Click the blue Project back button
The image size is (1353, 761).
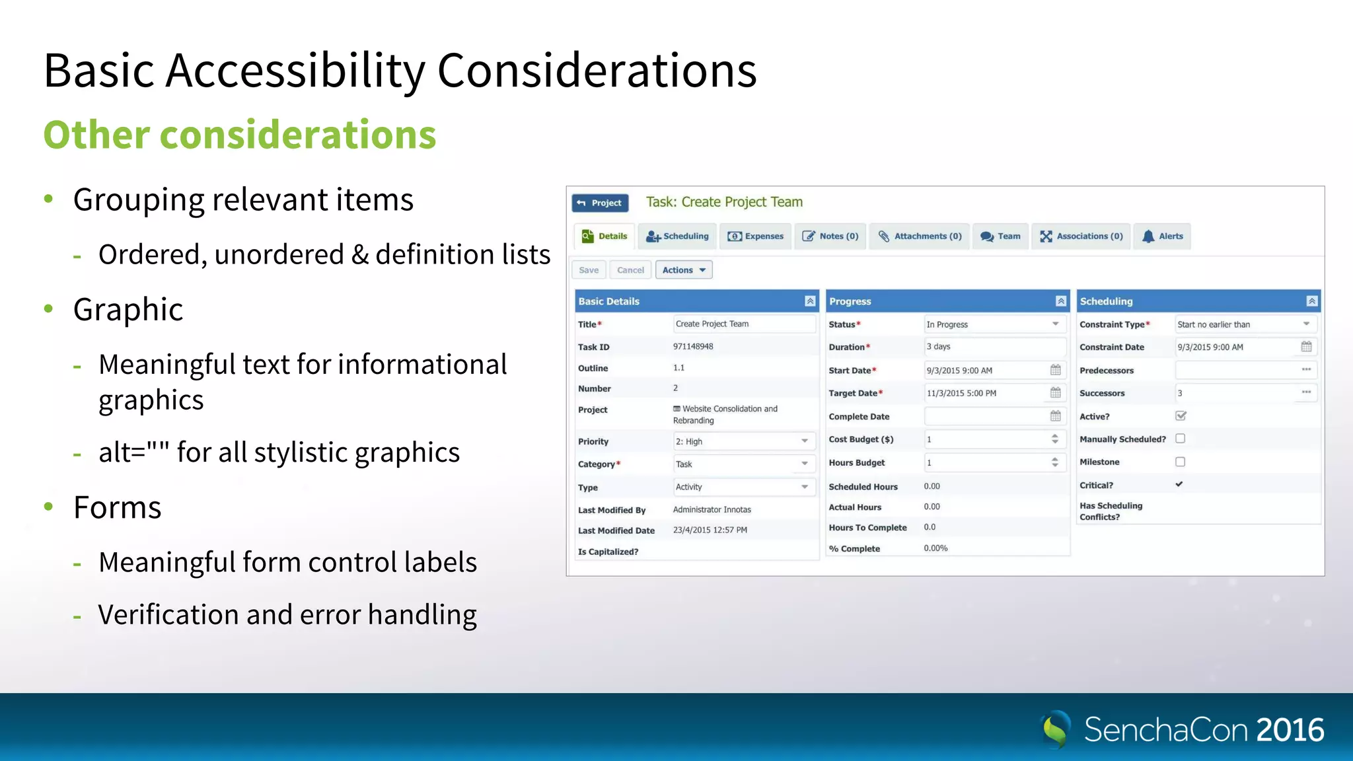600,203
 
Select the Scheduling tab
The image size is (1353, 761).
677,236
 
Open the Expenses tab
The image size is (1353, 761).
756,236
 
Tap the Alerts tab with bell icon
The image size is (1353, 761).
1163,236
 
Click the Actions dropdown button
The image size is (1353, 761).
684,270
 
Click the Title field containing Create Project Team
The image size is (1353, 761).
744,324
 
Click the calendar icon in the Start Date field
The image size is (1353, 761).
1056,370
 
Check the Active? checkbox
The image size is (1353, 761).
1181,416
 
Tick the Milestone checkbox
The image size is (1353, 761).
1181,462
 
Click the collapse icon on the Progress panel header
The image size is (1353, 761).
1061,301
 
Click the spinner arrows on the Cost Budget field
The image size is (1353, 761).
1055,439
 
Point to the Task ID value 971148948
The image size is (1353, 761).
693,347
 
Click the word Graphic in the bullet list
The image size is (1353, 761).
128,309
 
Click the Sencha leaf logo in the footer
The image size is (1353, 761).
1056,729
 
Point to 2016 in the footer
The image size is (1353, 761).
1290,730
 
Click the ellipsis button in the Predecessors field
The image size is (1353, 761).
1306,370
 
